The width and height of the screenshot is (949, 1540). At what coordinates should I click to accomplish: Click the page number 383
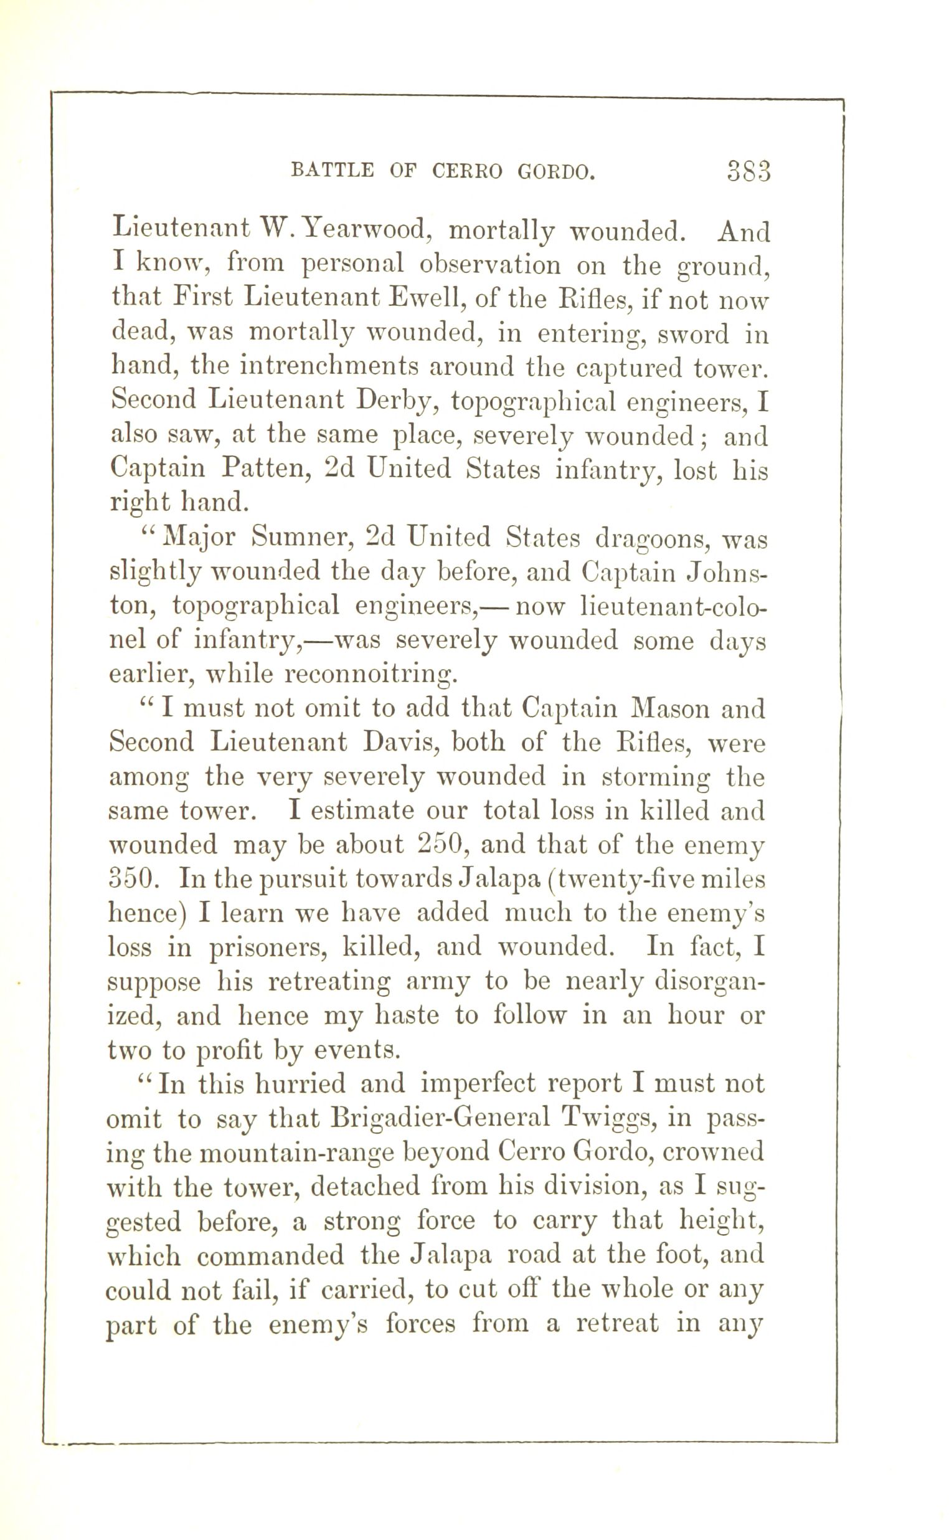tap(748, 171)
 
